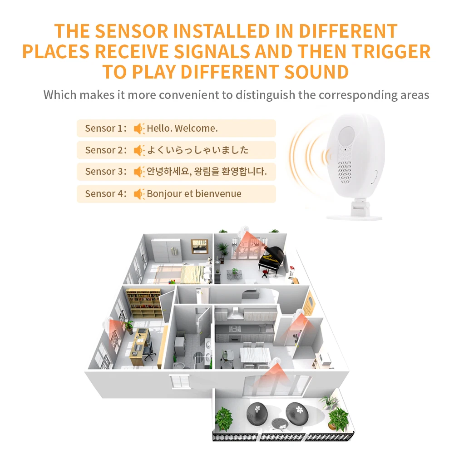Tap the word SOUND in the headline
pyautogui.click(x=310, y=72)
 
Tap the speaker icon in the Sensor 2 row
pyautogui.click(x=139, y=150)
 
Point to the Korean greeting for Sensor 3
pyautogui.click(x=207, y=172)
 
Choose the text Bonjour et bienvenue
pyautogui.click(x=194, y=194)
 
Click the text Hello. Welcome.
pyautogui.click(x=182, y=128)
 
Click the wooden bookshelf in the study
pyautogui.click(x=143, y=303)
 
